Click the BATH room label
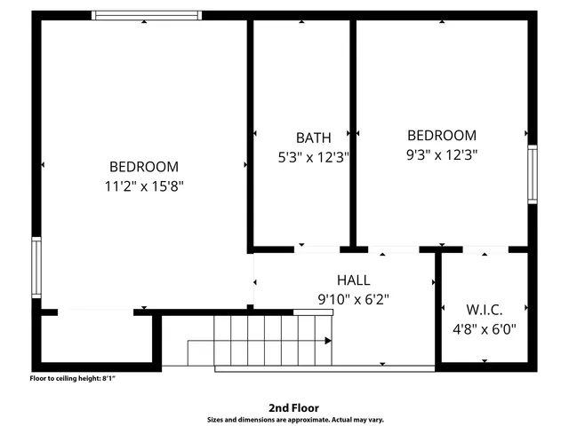point(313,138)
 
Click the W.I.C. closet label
point(485,310)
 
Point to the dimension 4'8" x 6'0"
point(485,328)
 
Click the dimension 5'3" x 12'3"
point(313,157)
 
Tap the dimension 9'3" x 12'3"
point(442,154)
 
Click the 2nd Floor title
point(294,407)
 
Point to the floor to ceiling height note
point(73,379)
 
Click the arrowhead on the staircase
point(328,340)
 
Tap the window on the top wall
point(147,15)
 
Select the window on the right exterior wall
point(532,175)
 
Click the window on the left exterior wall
point(36,267)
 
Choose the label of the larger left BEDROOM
point(144,166)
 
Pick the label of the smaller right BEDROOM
point(442,135)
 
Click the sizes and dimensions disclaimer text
point(294,419)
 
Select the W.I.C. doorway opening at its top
point(485,249)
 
